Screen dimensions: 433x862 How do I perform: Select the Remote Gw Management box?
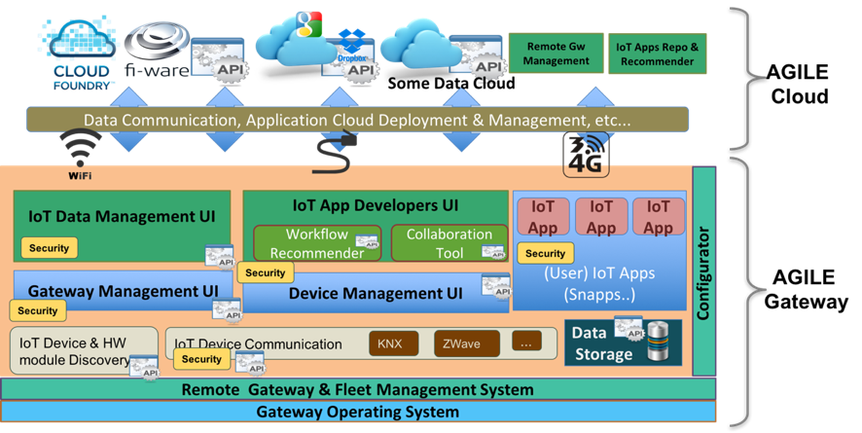pyautogui.click(x=557, y=54)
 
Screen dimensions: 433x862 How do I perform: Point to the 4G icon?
pyautogui.click(x=586, y=154)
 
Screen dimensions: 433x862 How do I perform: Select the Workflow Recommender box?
pyautogui.click(x=309, y=243)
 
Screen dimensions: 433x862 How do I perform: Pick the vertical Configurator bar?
pyautogui.click(x=703, y=271)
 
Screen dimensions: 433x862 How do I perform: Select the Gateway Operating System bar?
pyautogui.click(x=357, y=412)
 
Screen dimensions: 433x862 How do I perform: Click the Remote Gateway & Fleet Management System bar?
pyautogui.click(x=357, y=390)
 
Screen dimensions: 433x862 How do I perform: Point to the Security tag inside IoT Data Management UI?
pyautogui.click(x=49, y=248)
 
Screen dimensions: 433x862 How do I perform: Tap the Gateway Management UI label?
pyautogui.click(x=123, y=290)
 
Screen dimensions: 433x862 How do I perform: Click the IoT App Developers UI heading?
pyautogui.click(x=375, y=205)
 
